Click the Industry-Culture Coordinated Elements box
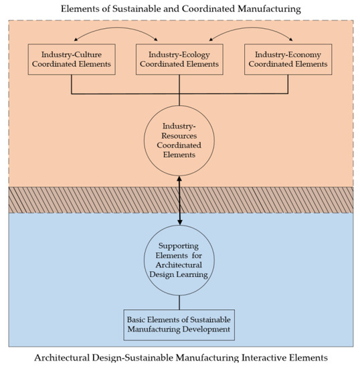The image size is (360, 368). [72, 59]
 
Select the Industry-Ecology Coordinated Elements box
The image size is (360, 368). [180, 59]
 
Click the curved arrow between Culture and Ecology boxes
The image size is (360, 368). [126, 34]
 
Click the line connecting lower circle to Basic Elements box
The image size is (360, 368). [180, 298]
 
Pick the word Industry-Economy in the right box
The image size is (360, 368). [288, 54]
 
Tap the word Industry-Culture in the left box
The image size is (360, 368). [72, 54]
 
